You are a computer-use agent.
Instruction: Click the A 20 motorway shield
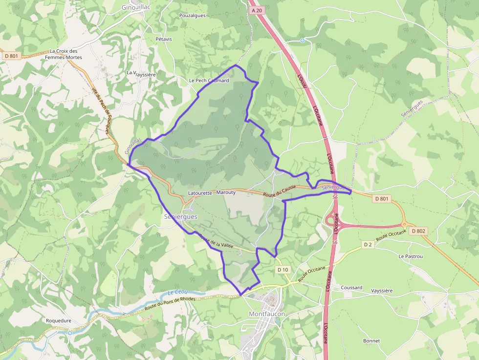[256, 10]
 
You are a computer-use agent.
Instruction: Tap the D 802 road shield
[419, 231]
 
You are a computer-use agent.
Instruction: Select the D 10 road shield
[283, 270]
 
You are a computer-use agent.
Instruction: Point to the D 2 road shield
[368, 244]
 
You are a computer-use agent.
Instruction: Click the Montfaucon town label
[267, 314]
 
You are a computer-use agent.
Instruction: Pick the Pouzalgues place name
[192, 15]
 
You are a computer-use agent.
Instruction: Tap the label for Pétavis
[164, 39]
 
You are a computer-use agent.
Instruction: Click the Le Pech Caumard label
[209, 81]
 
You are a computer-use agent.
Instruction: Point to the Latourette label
[200, 193]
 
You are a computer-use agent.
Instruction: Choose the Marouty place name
[226, 192]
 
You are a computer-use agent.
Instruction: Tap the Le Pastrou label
[411, 256]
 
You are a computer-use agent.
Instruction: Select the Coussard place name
[351, 288]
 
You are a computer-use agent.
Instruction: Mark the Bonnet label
[371, 341]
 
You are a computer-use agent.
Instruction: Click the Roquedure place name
[59, 321]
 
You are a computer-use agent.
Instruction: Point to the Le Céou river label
[178, 292]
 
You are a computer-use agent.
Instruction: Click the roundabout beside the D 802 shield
[404, 224]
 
